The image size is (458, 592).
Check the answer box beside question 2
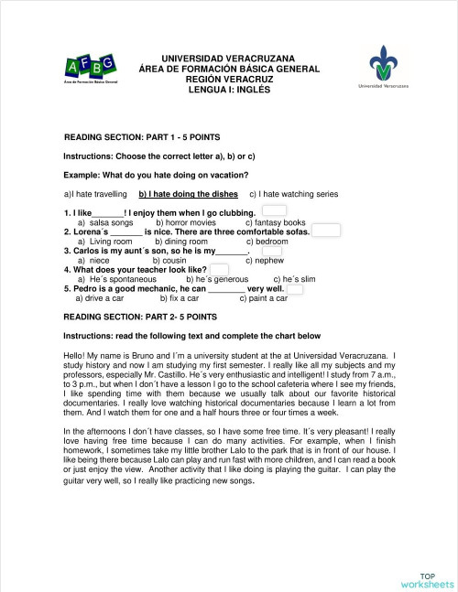pos(325,231)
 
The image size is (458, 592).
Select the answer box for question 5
pos(295,289)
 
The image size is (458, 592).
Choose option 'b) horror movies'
pos(186,222)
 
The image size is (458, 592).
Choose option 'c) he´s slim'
pos(294,279)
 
